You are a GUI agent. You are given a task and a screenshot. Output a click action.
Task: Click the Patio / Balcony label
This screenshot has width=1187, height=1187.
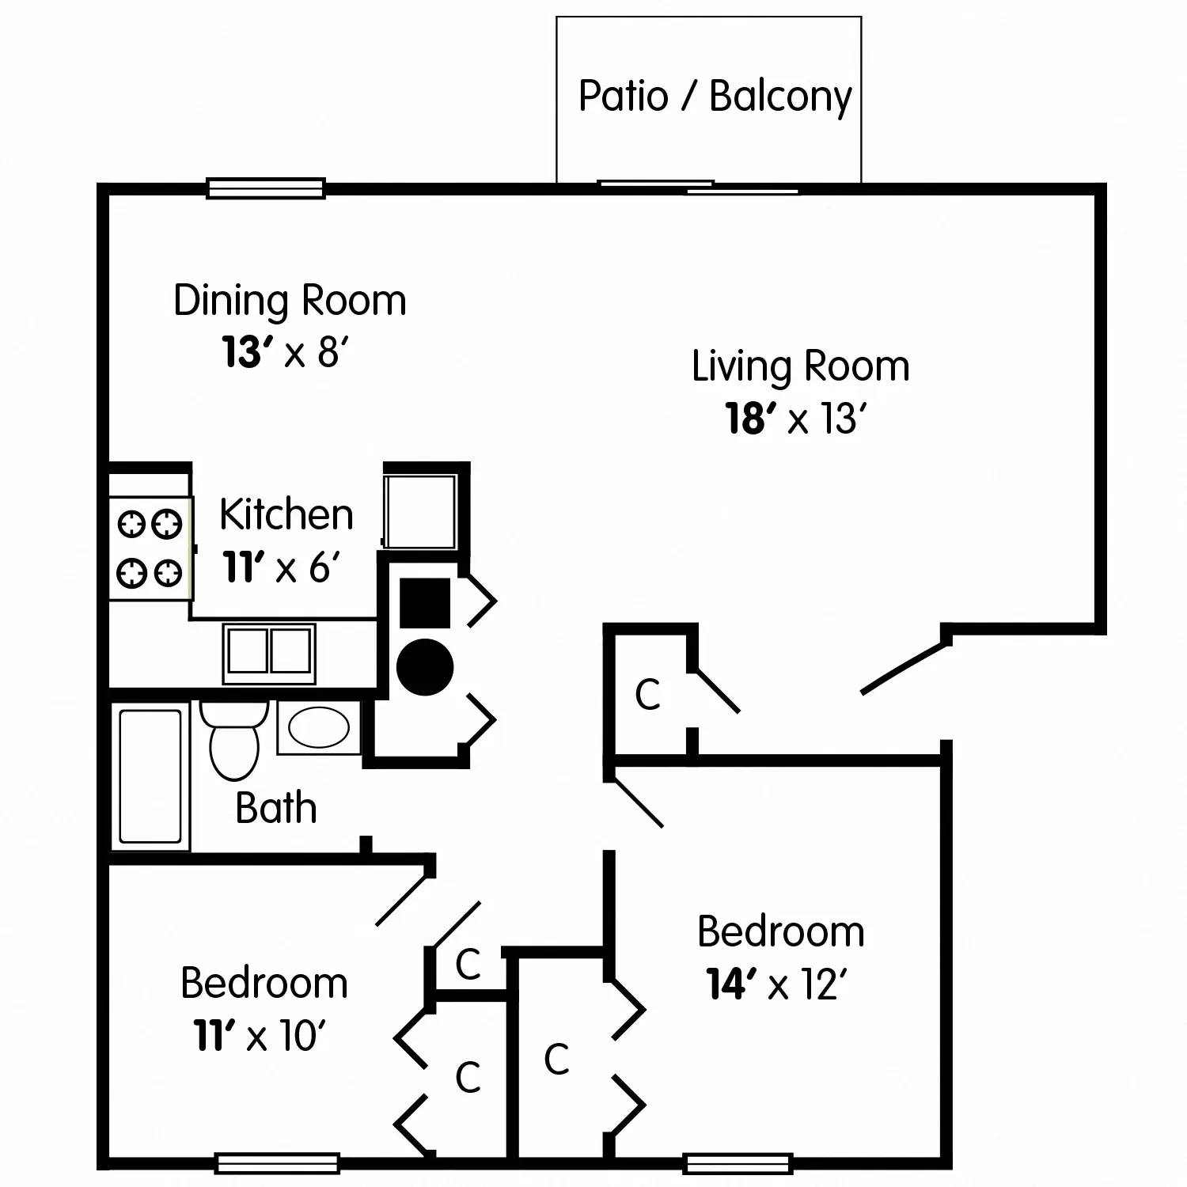pyautogui.click(x=715, y=97)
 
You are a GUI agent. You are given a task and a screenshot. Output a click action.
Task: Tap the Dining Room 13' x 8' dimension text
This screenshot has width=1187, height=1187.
pyautogui.click(x=284, y=353)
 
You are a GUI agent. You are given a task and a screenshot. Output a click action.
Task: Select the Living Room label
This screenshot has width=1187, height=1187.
pyautogui.click(x=800, y=366)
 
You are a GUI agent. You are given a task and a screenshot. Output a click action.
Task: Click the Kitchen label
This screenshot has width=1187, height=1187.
pyautogui.click(x=286, y=515)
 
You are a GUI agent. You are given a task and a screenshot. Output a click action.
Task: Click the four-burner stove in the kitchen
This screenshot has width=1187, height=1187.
pyautogui.click(x=150, y=548)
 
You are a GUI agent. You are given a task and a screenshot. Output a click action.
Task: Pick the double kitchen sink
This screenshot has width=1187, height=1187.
pyautogui.click(x=268, y=653)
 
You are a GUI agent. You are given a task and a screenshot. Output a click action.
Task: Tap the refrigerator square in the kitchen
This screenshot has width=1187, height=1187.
pyautogui.click(x=420, y=511)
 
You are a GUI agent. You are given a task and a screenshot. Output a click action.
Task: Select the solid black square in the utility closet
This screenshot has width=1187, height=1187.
pyautogui.click(x=425, y=603)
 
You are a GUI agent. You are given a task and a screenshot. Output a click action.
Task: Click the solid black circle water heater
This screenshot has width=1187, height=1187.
pyautogui.click(x=425, y=666)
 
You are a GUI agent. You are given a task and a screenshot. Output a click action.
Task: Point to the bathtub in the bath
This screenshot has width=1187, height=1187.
pyautogui.click(x=150, y=776)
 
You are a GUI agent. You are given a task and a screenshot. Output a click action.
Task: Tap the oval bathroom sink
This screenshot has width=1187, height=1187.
pyautogui.click(x=318, y=727)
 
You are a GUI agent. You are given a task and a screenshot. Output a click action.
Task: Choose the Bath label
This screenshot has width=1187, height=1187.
pyautogui.click(x=276, y=808)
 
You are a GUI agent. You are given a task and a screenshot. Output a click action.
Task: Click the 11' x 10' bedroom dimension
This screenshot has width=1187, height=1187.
pyautogui.click(x=260, y=1035)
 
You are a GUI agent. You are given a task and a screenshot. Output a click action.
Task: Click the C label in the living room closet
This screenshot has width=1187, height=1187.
pyautogui.click(x=647, y=695)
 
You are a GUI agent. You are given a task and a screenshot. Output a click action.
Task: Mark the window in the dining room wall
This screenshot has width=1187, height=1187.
pyautogui.click(x=266, y=188)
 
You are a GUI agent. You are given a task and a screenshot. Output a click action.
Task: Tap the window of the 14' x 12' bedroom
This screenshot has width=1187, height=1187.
pyautogui.click(x=738, y=1162)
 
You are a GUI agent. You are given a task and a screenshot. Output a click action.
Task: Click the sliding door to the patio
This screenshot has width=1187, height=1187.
pyautogui.click(x=697, y=188)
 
